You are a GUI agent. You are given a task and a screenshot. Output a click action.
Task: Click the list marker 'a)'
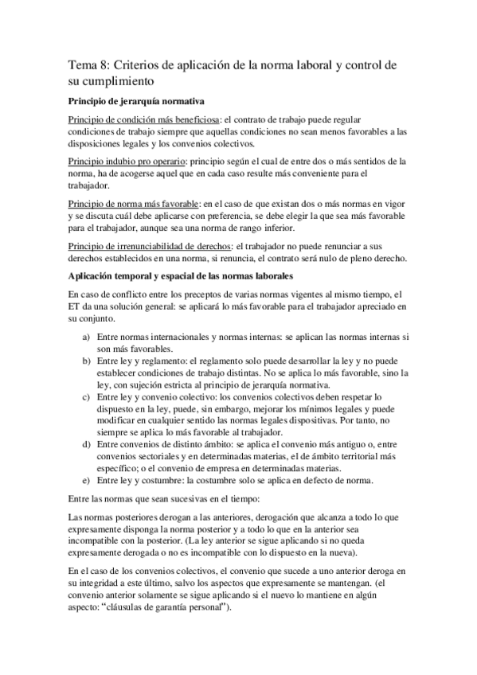pyautogui.click(x=88, y=337)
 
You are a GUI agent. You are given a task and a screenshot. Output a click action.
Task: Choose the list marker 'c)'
pyautogui.click(x=88, y=395)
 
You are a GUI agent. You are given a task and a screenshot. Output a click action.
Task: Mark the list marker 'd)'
pyautogui.click(x=88, y=442)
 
